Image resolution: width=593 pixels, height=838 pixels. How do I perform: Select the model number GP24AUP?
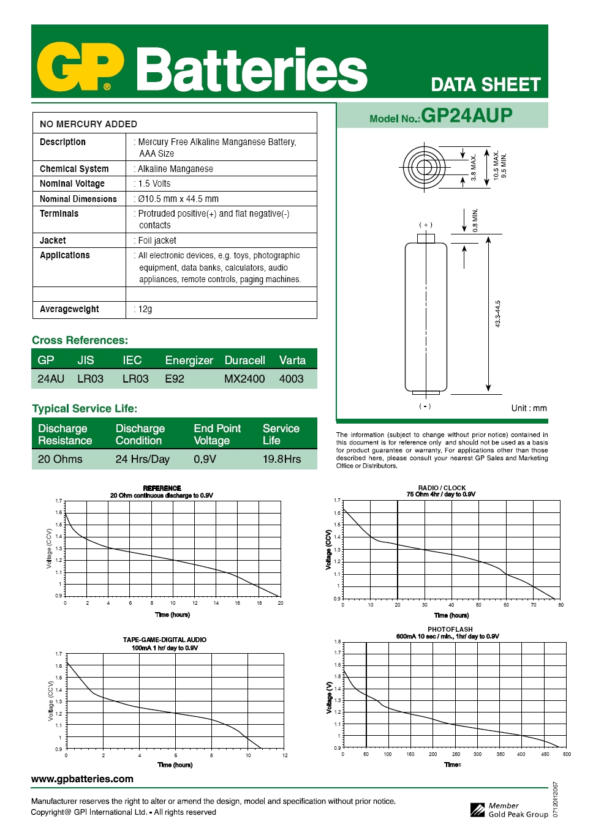point(466,115)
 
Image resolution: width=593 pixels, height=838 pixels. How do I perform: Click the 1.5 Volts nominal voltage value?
point(154,184)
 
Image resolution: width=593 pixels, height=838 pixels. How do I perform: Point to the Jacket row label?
point(53,241)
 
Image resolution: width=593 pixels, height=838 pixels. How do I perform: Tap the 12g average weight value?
point(145,309)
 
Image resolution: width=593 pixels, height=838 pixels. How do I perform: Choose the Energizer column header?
point(189,361)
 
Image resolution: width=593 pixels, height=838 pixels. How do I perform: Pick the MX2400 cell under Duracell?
point(244,379)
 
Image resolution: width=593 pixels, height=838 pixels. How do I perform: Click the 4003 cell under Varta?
point(292,379)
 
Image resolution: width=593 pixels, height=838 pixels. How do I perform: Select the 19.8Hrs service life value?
point(282,459)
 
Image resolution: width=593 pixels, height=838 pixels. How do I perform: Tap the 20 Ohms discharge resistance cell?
point(60,459)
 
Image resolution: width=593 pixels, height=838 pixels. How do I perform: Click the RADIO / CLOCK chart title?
point(442,488)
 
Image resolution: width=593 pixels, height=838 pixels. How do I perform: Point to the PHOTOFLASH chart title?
point(450,629)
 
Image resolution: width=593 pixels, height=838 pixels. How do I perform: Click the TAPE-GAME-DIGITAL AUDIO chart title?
point(165,640)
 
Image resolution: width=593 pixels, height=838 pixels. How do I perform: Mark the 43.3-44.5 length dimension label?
point(498,313)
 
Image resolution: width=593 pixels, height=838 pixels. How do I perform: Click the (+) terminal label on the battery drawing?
point(426,225)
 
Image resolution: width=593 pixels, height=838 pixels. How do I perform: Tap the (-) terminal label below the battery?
point(425,406)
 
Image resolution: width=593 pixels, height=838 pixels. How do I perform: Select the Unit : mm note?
point(529,408)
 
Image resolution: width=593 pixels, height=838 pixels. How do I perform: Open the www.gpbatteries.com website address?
point(82,779)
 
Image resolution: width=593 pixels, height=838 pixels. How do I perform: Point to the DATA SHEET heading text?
point(486,84)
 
